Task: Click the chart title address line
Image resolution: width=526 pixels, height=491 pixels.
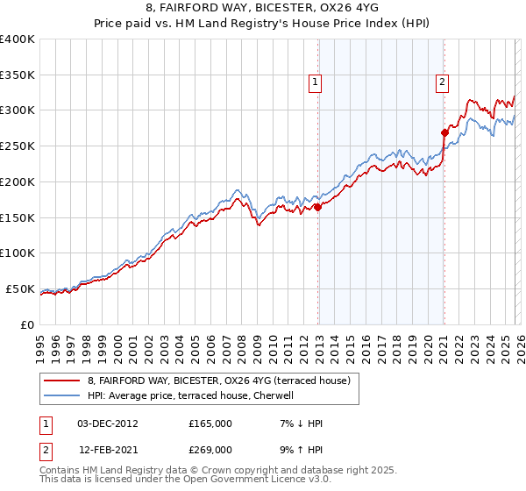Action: (263, 9)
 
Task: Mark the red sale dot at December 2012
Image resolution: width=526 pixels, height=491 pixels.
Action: (317, 207)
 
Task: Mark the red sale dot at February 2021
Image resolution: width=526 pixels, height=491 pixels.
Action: (444, 132)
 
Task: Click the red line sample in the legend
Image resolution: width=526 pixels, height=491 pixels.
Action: (62, 381)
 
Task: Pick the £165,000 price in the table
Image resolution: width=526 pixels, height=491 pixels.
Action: (210, 423)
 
